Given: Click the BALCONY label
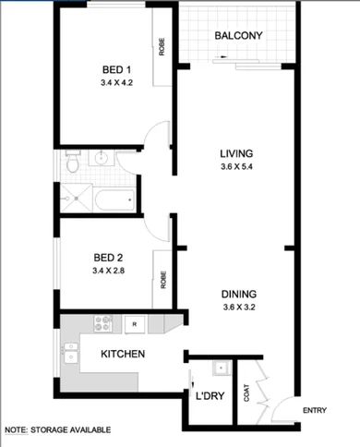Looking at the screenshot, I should (x=239, y=36).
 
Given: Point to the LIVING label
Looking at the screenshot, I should (x=236, y=153).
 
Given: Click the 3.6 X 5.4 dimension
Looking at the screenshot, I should (x=236, y=167).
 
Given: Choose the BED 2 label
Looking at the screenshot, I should (x=109, y=257).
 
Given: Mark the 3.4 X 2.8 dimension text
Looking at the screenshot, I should (x=109, y=271).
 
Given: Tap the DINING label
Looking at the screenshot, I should (x=238, y=296).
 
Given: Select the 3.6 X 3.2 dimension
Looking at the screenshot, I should (x=238, y=308).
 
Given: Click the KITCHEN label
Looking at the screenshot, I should (x=119, y=355).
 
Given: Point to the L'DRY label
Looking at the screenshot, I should (x=210, y=397).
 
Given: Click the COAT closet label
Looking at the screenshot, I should (x=246, y=393).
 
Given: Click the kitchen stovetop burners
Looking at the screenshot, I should (x=103, y=324).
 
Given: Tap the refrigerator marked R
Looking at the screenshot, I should (x=135, y=323).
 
